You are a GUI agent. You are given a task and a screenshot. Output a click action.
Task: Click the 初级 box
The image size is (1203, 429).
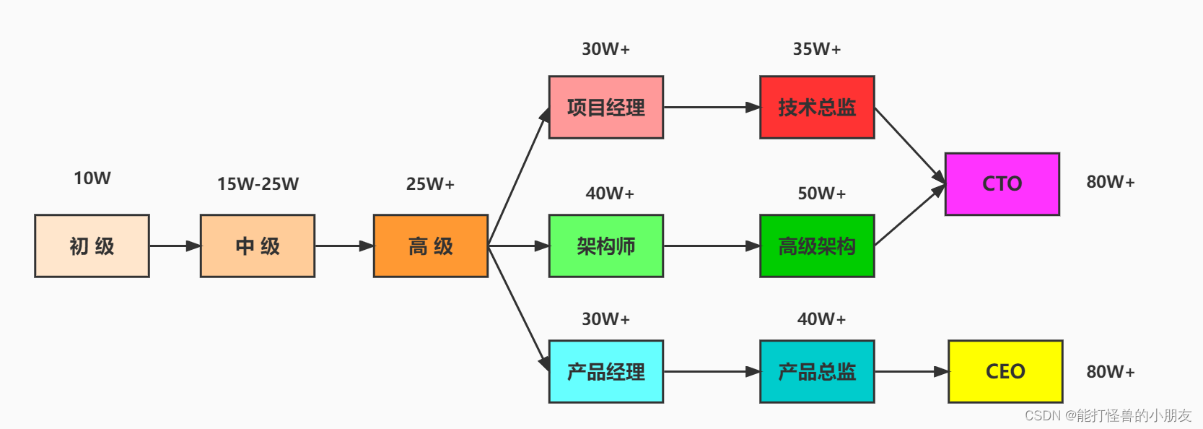coord(92,246)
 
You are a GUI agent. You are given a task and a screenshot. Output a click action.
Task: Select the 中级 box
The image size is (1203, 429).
coord(258,246)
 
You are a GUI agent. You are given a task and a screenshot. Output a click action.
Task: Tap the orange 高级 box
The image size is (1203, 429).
coord(430,246)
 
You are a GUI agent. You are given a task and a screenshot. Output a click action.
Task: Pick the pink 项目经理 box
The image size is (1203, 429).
coord(605,107)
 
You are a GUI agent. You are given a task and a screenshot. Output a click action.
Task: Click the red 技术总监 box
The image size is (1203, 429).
coord(817,107)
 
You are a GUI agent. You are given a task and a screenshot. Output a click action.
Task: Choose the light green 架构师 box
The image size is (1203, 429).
coord(605,246)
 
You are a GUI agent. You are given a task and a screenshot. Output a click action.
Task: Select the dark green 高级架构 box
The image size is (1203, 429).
coord(817,246)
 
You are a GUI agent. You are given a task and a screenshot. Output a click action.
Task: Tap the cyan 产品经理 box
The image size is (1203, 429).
coord(605,371)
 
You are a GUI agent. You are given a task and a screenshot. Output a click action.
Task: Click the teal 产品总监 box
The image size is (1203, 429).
coord(817,371)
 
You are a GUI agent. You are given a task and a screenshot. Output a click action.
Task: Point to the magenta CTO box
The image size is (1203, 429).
coord(1002,183)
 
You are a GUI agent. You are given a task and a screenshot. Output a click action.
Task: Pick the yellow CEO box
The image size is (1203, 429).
coord(1005,371)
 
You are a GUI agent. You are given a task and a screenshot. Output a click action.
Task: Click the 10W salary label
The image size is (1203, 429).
coord(92,178)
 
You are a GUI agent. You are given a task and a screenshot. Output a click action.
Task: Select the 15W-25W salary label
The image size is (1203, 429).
coord(258,184)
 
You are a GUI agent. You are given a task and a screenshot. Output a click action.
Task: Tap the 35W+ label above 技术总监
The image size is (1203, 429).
coord(817,49)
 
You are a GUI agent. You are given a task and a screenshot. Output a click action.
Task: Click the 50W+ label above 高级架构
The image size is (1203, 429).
coord(821,194)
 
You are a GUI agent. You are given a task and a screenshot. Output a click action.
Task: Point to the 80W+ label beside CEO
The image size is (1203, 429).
coord(1111,372)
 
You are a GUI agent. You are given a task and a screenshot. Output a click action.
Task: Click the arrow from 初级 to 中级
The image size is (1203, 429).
coord(175,246)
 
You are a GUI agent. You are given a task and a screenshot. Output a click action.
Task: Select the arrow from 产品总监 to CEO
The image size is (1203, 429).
coord(911,371)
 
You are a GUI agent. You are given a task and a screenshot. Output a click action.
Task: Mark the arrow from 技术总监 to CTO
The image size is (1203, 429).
coord(909,145)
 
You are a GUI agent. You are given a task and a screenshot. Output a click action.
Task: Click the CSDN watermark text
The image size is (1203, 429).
coord(1108,415)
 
